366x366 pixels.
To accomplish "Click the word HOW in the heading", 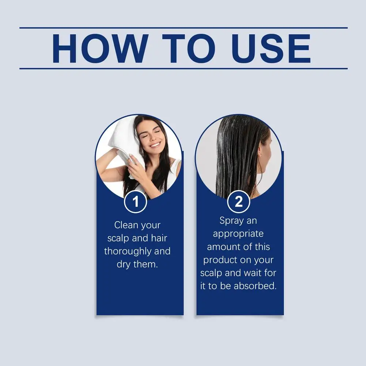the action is click(100, 49).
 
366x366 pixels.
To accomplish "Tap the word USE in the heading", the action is click(271, 49).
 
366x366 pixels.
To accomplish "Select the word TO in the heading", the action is click(189, 49).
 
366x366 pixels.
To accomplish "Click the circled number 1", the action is click(135, 201).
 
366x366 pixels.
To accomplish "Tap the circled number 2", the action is click(238, 201).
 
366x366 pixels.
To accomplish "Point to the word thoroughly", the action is click(128, 252).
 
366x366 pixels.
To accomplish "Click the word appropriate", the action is click(238, 234).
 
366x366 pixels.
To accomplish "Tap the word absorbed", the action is click(255, 286).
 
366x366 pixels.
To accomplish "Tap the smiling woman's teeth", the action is click(155, 145).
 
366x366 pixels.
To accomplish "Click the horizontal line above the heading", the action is click(184, 28).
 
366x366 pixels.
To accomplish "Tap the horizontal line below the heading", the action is click(184, 69).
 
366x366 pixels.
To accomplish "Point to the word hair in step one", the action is click(159, 238).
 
